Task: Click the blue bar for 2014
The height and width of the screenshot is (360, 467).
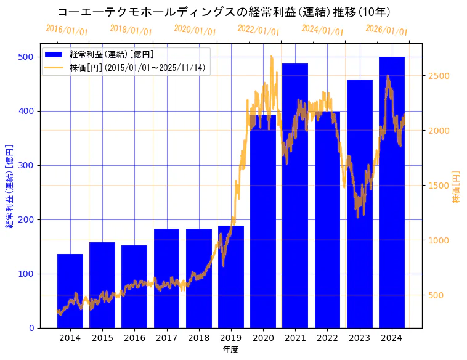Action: click(x=70, y=290)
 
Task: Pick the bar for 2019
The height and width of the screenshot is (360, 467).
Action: click(x=231, y=277)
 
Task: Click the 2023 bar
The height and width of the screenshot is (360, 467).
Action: click(x=360, y=203)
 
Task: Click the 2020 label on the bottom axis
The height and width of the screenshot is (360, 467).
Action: click(x=263, y=338)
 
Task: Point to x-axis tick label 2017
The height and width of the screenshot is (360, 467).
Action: click(x=166, y=338)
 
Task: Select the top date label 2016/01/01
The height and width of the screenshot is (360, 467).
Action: click(x=67, y=30)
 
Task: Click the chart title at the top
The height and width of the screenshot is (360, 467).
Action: click(x=224, y=12)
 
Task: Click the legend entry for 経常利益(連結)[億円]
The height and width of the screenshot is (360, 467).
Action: click(x=112, y=55)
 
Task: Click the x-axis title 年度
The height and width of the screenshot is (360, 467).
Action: click(x=230, y=350)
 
